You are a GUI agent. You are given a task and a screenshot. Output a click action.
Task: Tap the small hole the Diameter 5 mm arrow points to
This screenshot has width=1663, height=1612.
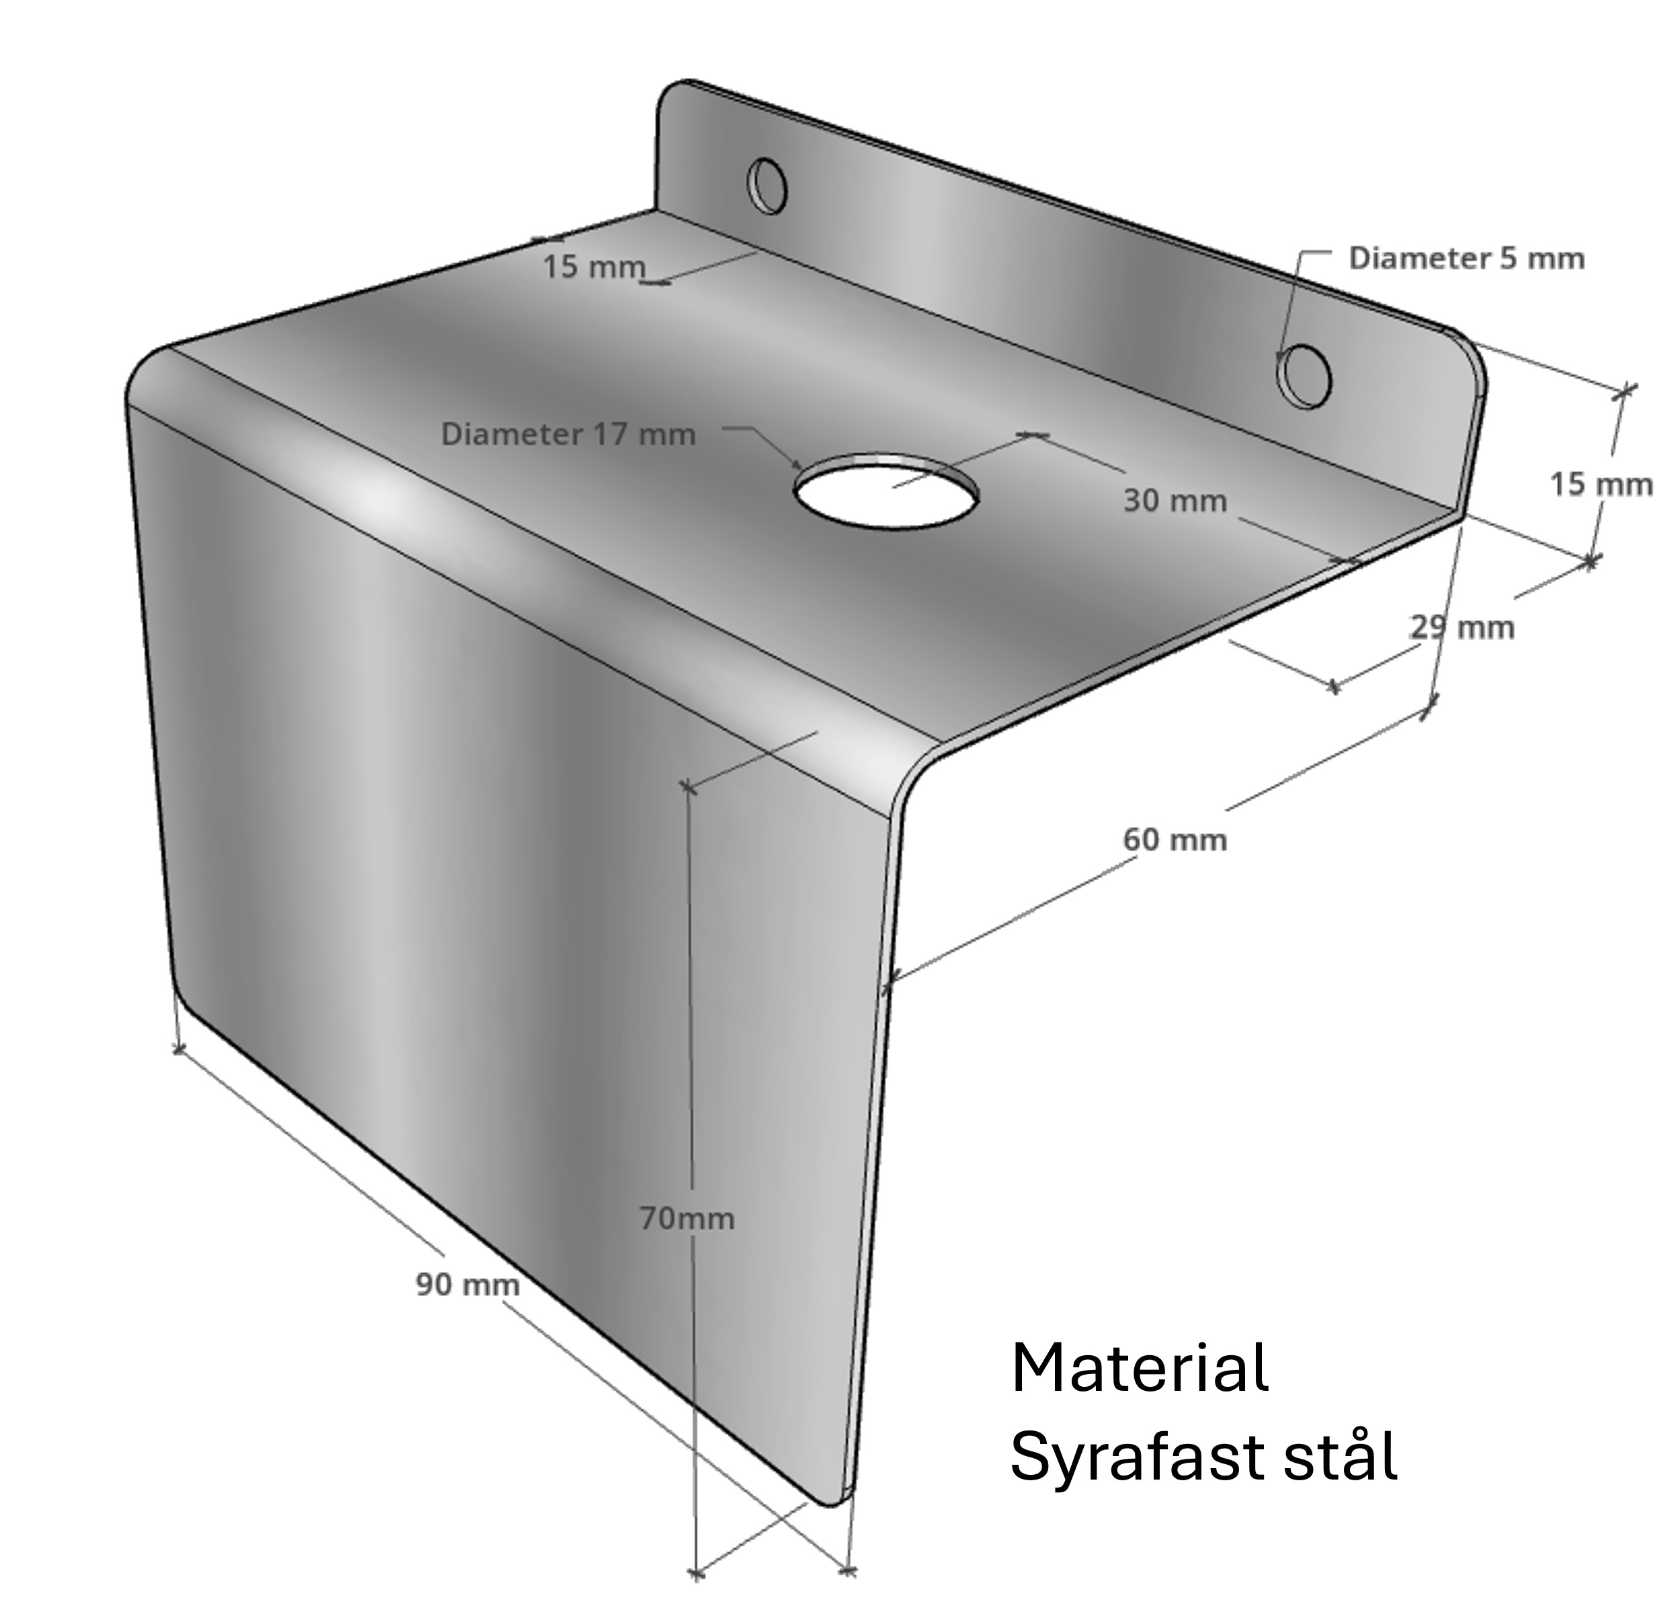tap(1304, 375)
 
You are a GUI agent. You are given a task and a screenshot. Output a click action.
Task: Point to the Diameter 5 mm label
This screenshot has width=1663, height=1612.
tap(1467, 258)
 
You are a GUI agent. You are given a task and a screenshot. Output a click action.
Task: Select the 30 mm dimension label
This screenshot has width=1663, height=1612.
tap(1175, 501)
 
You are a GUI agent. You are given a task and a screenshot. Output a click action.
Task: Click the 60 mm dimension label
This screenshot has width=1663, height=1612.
tap(1175, 840)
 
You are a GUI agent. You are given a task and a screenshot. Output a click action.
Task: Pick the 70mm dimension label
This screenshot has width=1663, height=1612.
tap(687, 1219)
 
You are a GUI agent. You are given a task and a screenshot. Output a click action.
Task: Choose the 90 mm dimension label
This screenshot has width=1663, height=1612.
tap(468, 1285)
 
